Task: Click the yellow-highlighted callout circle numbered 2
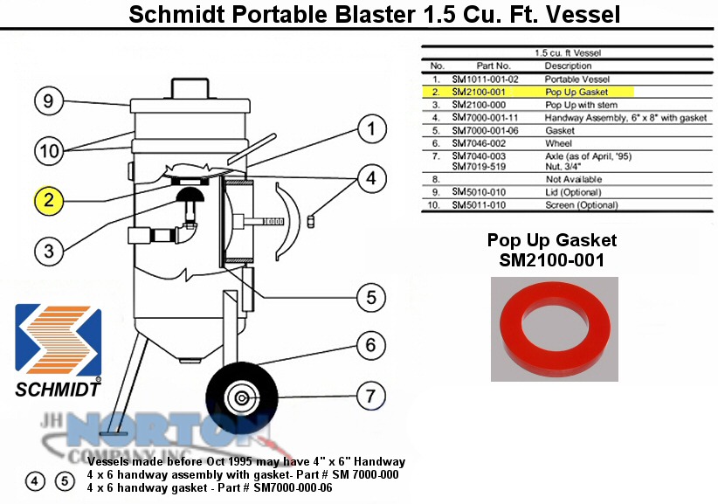coord(49,200)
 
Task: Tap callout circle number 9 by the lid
coord(49,100)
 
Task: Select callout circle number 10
coord(50,150)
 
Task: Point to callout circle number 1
coord(371,128)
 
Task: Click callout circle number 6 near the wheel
coord(371,345)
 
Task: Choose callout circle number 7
coord(371,396)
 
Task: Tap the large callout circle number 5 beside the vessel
coord(371,297)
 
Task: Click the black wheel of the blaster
coord(241,397)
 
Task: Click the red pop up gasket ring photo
coord(555,328)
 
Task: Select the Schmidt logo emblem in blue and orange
coord(59,340)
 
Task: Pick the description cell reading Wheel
coord(559,143)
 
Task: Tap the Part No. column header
coord(494,66)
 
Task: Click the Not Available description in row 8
coord(574,179)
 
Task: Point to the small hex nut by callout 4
coord(311,222)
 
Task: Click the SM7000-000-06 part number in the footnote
coord(293,488)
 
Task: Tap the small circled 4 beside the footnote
coord(35,481)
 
